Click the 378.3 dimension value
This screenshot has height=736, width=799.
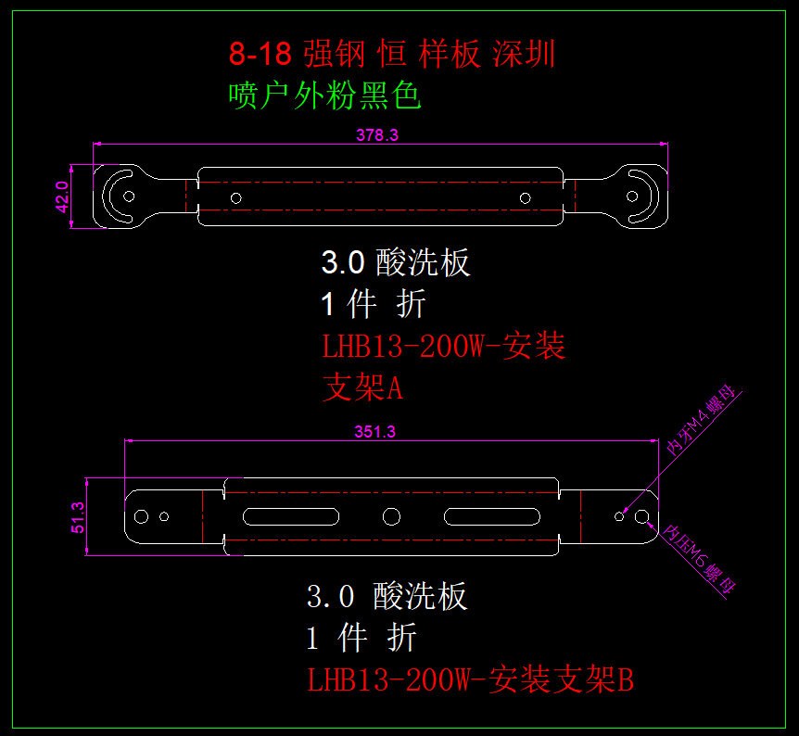point(377,135)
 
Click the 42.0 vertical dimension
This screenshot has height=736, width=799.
point(62,197)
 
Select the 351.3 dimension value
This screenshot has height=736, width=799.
point(374,432)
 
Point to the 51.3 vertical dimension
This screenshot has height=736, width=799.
point(78,517)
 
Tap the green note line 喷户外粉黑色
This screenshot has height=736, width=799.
point(324,95)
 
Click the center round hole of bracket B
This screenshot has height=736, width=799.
point(391,516)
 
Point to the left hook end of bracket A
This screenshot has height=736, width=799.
point(121,196)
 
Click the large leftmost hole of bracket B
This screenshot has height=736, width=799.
point(143,516)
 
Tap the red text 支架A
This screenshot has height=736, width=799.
point(362,388)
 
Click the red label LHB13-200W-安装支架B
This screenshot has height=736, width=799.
point(471,680)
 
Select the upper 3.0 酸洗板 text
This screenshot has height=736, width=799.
point(396,263)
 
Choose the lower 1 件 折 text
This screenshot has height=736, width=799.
point(361,638)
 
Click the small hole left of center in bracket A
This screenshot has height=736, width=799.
point(236,197)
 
